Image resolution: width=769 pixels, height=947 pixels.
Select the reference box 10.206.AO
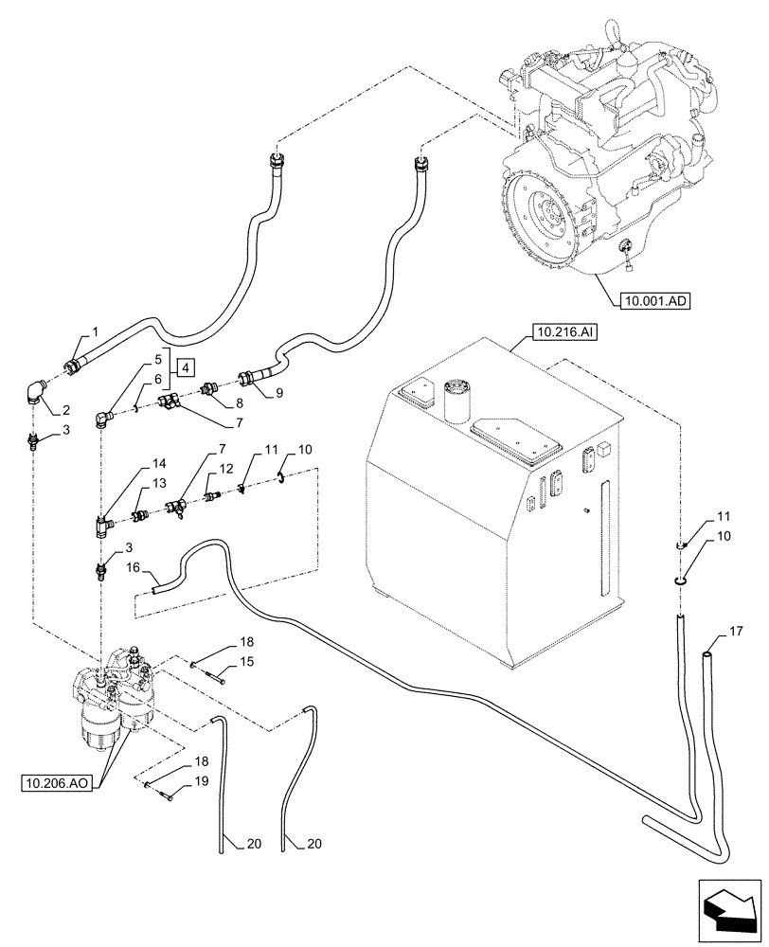[x=54, y=782]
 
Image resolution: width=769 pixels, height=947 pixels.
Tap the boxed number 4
[x=187, y=367]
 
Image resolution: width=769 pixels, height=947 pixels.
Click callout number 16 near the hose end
[x=134, y=566]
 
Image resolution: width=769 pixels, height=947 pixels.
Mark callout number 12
[x=225, y=469]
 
